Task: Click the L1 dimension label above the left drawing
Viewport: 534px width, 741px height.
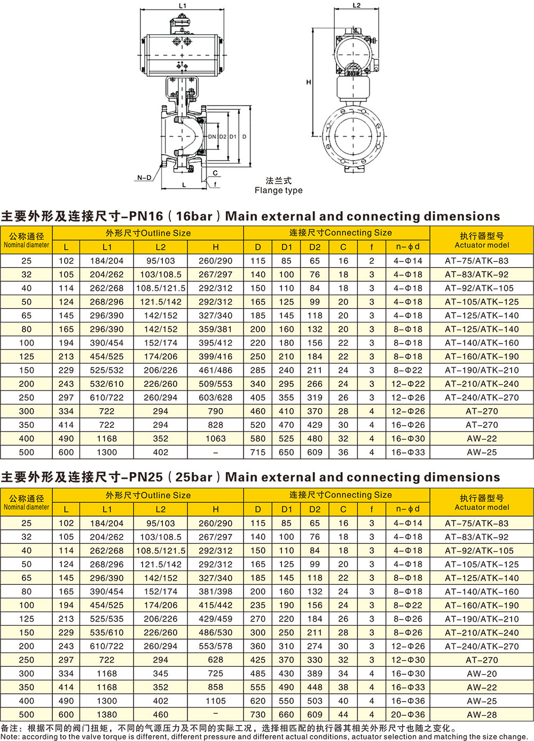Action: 183,6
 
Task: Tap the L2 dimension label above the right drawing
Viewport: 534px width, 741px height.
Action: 357,5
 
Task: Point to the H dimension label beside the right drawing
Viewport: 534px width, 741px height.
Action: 309,82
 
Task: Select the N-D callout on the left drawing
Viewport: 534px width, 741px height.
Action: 144,178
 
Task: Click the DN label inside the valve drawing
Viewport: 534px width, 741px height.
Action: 212,137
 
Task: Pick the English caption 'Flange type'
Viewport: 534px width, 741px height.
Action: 278,190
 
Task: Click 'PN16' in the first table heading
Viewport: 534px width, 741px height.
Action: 146,216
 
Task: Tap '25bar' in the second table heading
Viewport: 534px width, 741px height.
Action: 194,477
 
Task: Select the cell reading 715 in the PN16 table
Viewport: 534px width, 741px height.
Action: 258,452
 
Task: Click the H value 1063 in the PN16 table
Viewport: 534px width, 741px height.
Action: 215,439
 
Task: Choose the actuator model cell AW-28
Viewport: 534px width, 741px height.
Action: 482,714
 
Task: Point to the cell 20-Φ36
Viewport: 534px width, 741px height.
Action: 408,714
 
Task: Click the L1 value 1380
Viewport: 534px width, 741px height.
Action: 107,714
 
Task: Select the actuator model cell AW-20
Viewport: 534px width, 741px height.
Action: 482,673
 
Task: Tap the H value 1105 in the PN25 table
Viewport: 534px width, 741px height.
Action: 215,700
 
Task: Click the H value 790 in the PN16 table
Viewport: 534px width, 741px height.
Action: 215,411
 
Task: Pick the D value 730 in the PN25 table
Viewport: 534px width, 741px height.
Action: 258,714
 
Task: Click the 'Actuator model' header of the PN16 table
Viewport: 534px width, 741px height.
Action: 482,245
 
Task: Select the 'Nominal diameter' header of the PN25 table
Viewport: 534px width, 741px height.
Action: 27,507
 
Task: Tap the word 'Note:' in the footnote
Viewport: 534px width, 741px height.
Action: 10,737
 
